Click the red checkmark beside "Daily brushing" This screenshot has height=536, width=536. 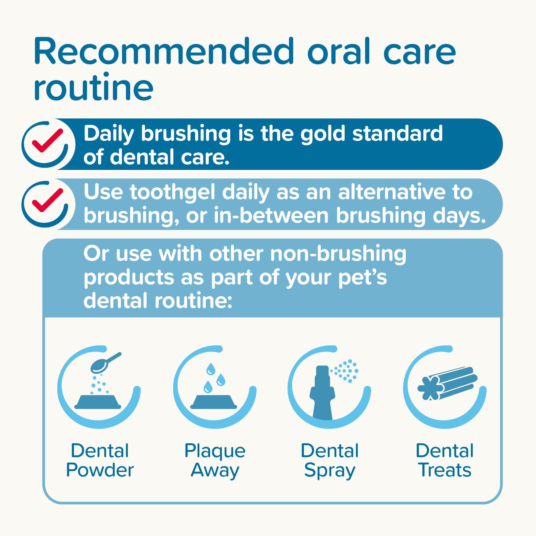(x=47, y=141)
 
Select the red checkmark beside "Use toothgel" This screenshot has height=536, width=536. (x=47, y=200)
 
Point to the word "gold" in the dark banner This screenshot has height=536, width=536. (x=323, y=134)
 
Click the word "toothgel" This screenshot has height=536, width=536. (x=172, y=192)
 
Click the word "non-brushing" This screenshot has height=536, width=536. (x=338, y=254)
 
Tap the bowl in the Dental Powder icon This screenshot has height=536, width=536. (x=98, y=402)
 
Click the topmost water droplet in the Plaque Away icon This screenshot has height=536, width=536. (x=211, y=369)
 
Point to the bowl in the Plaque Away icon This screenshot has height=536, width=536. (x=214, y=402)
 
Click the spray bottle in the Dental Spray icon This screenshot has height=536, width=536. (x=322, y=394)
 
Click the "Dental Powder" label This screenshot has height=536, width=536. (x=100, y=460)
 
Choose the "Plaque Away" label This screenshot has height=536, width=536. (x=215, y=460)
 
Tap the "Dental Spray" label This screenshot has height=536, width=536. (x=330, y=460)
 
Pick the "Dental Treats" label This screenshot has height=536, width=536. (x=445, y=460)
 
